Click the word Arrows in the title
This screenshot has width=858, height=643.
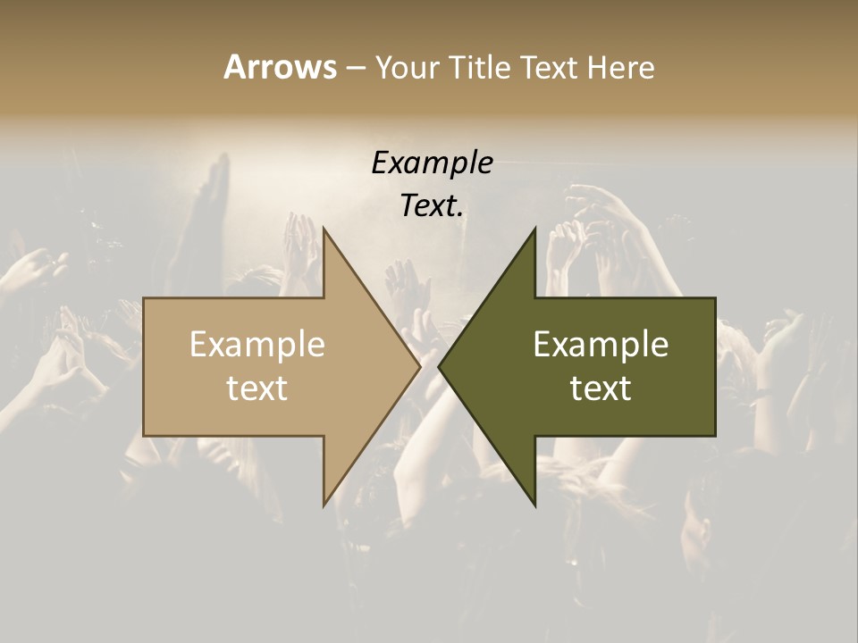280,67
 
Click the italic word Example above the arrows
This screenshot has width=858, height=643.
432,163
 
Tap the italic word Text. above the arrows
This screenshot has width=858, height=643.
432,205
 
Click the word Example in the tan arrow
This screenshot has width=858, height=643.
257,345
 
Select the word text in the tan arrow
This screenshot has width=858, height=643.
257,388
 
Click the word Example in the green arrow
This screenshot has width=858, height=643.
601,345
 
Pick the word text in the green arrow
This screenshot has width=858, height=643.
601,388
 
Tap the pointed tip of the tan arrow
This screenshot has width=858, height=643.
420,366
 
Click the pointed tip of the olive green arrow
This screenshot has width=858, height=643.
439,366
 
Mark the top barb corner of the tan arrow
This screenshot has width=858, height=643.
324,228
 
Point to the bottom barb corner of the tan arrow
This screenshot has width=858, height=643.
324,505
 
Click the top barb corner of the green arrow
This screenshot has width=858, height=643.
535,228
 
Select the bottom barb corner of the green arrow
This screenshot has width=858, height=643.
535,505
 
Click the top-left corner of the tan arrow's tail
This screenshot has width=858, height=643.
144,298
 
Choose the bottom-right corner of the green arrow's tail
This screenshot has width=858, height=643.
715,436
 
